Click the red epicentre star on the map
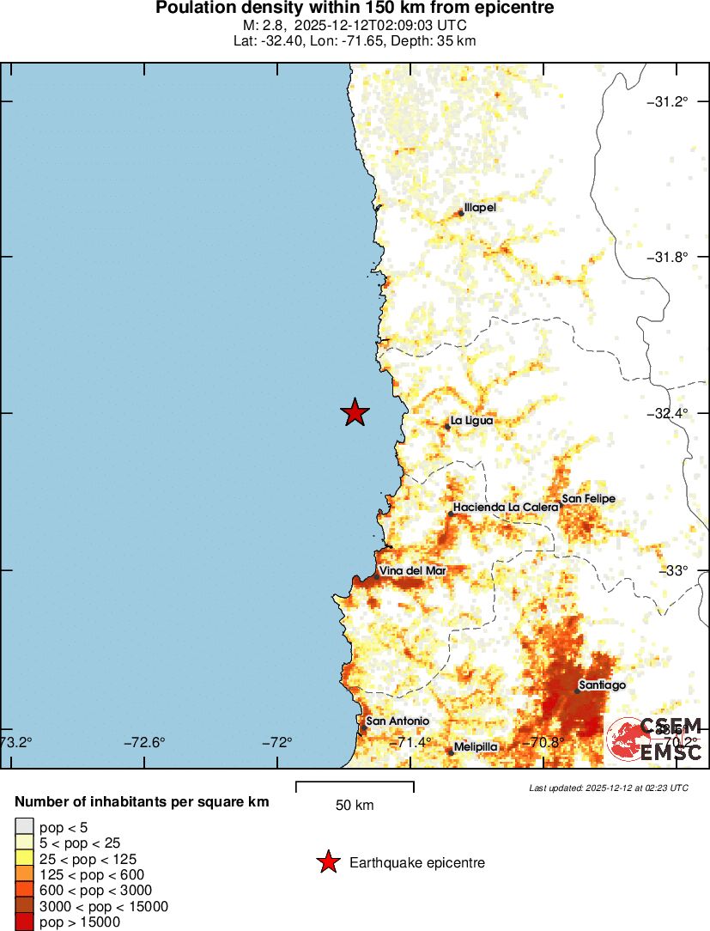(x=355, y=413)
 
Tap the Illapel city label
(x=480, y=208)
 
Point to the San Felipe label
(x=588, y=499)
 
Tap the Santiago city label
(x=602, y=685)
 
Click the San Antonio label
(x=397, y=721)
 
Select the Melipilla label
(x=476, y=747)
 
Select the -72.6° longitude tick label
(x=144, y=743)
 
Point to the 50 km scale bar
(x=355, y=786)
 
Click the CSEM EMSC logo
(x=655, y=739)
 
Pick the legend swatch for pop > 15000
(x=23, y=922)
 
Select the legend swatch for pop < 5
(x=23, y=827)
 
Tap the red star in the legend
(x=327, y=863)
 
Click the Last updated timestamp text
(x=609, y=788)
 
